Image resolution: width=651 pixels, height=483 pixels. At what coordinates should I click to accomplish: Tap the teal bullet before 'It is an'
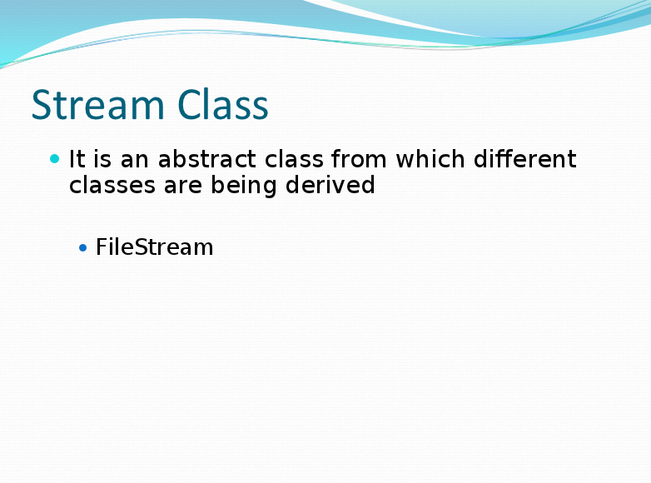click(55, 158)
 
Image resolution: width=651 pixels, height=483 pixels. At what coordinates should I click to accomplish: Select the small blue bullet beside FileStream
click(82, 247)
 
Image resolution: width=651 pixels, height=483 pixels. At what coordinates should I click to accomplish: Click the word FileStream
click(154, 246)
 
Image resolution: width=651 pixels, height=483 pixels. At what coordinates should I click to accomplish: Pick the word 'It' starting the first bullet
click(77, 158)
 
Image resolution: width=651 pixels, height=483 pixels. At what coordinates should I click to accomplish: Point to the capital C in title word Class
click(189, 106)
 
